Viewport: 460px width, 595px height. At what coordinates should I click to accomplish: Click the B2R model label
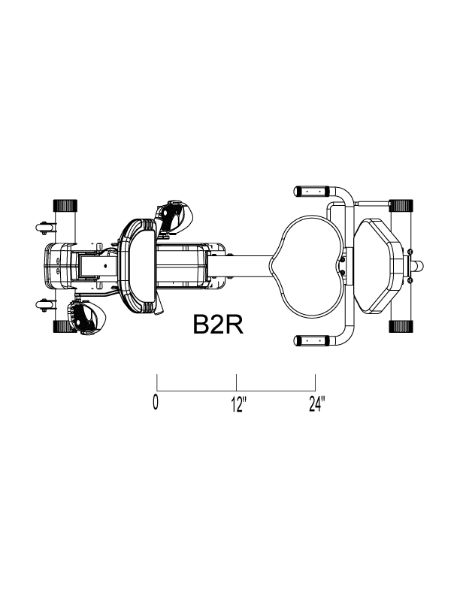[x=218, y=325]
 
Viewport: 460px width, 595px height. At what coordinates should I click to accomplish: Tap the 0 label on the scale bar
[x=156, y=402]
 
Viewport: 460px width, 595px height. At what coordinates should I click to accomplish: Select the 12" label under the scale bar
[x=239, y=404]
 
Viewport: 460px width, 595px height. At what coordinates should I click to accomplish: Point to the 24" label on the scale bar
[x=317, y=403]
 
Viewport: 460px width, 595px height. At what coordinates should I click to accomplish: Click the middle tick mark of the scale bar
[x=237, y=382]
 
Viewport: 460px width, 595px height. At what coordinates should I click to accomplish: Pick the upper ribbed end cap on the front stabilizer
[x=65, y=206]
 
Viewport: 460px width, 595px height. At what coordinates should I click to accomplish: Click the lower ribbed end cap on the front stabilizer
[x=65, y=327]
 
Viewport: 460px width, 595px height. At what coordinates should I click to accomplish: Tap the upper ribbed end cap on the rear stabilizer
[x=401, y=205]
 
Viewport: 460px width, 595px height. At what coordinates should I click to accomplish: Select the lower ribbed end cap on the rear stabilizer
[x=401, y=327]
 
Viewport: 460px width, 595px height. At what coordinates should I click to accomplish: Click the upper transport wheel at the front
[x=43, y=228]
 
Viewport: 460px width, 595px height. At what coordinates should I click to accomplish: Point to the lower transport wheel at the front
[x=43, y=305]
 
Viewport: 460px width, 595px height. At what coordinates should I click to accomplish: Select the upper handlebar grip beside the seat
[x=312, y=191]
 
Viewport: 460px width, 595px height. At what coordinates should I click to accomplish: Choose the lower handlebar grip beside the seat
[x=312, y=341]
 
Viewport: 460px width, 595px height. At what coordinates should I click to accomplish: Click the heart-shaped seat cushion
[x=308, y=266]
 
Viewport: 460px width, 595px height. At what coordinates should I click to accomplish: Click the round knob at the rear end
[x=419, y=266]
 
